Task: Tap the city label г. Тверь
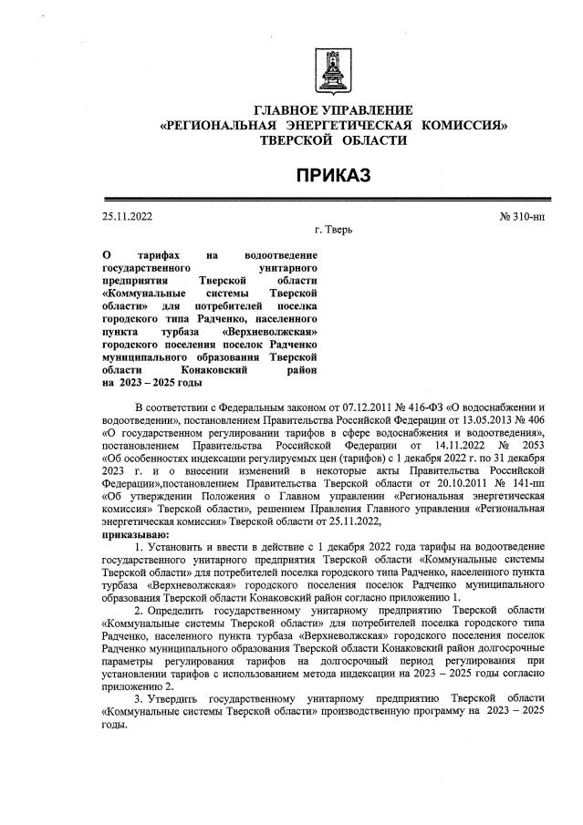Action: (333, 231)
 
